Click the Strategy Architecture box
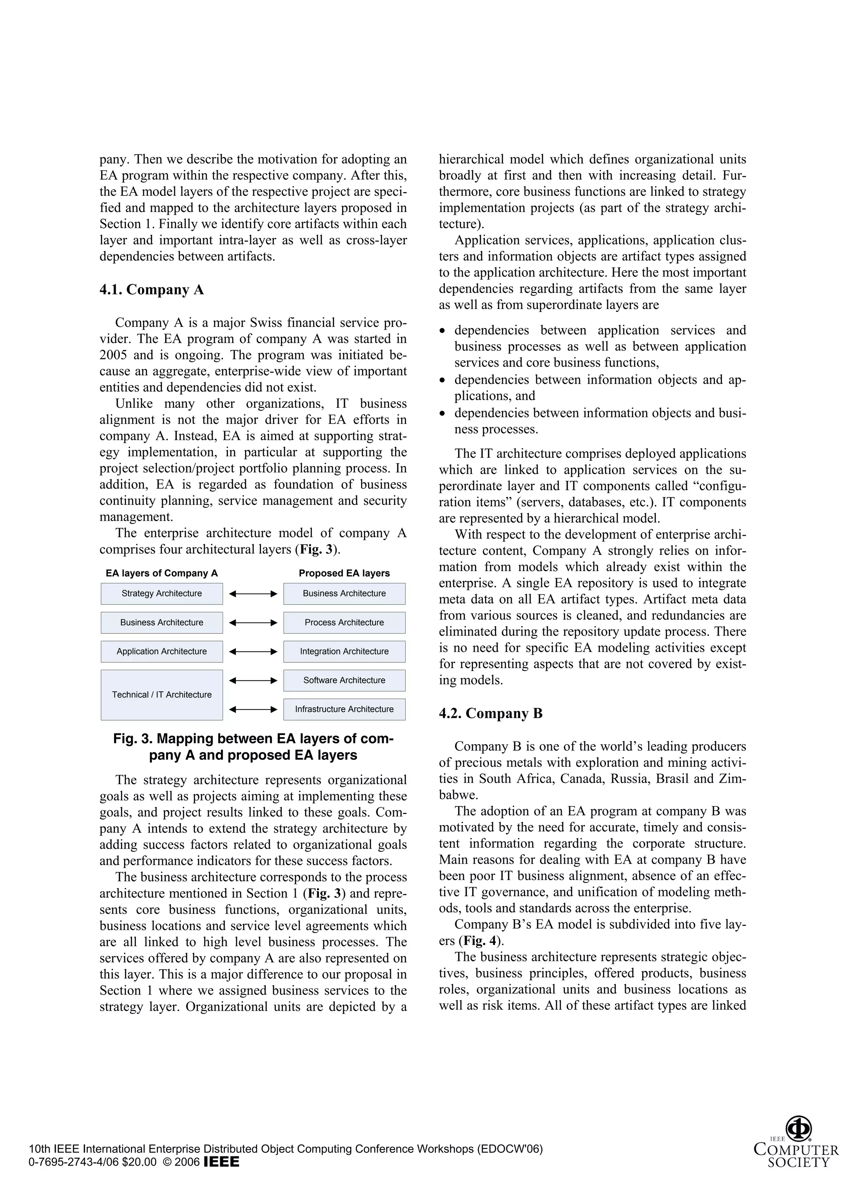tap(162, 593)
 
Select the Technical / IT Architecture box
tap(162, 695)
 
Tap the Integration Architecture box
tap(344, 651)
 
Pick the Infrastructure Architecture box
tap(344, 709)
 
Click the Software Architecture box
tap(344, 680)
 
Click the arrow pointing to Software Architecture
tap(253, 681)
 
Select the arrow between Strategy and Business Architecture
tap(253, 594)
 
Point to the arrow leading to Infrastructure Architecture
tap(253, 709)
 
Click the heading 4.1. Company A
tap(152, 290)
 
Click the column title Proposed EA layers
tap(344, 573)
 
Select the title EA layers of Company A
tap(162, 573)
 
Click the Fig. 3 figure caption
tap(253, 747)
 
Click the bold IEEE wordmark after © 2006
tap(221, 1161)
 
